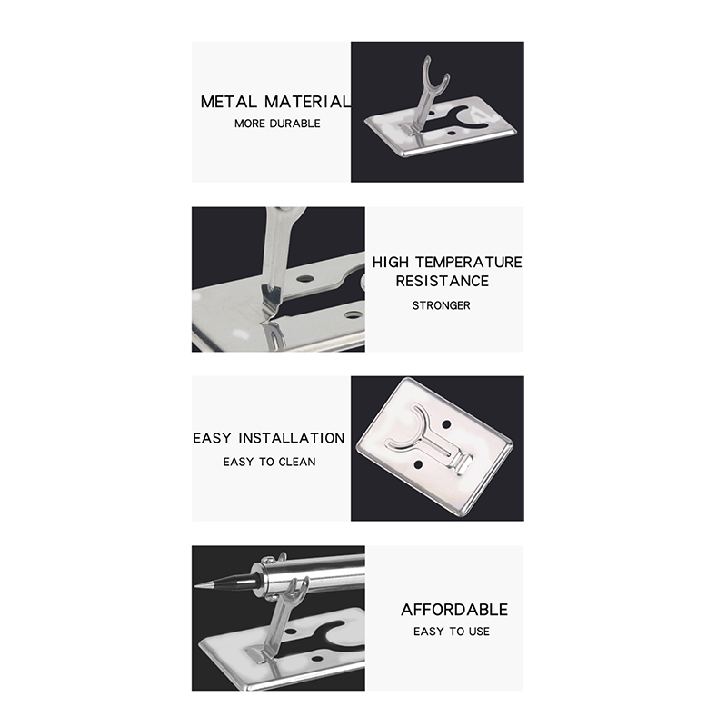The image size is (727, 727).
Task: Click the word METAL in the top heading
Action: pos(228,102)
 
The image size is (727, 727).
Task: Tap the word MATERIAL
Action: pos(307,102)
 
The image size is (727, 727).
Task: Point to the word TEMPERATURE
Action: pos(468,263)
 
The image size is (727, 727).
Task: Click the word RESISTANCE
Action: pos(442,281)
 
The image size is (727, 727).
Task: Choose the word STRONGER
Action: pos(441,305)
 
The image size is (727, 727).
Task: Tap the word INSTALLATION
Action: pos(292,438)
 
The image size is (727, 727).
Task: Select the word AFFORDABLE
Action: pos(454,610)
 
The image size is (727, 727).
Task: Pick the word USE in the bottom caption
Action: pos(479,632)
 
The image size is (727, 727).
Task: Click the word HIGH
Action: pos(391,263)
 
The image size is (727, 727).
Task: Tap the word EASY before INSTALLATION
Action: pos(212,438)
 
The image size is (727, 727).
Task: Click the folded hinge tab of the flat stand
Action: pos(463,464)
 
